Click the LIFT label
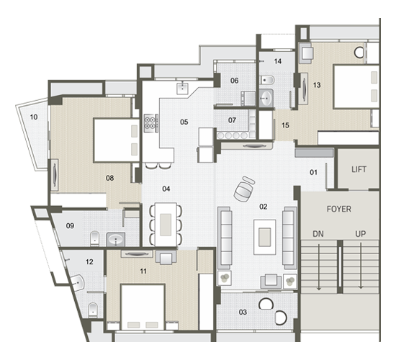tap(359, 169)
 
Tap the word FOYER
tap(338, 210)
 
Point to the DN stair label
tap(318, 234)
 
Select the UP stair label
tap(361, 234)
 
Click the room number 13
tap(317, 85)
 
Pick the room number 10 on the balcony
tap(34, 117)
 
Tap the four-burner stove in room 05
tap(150, 123)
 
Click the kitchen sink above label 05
tap(182, 88)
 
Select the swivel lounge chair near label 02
tap(244, 189)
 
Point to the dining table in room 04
tap(166, 225)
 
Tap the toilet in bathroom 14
tap(266, 81)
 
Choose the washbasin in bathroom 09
tap(116, 239)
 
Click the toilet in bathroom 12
tap(93, 310)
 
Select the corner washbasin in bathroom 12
tap(77, 282)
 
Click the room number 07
tap(232, 120)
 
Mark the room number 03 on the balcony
tap(243, 312)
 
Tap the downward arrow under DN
tap(319, 266)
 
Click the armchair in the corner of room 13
tap(306, 53)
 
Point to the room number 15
tap(285, 125)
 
